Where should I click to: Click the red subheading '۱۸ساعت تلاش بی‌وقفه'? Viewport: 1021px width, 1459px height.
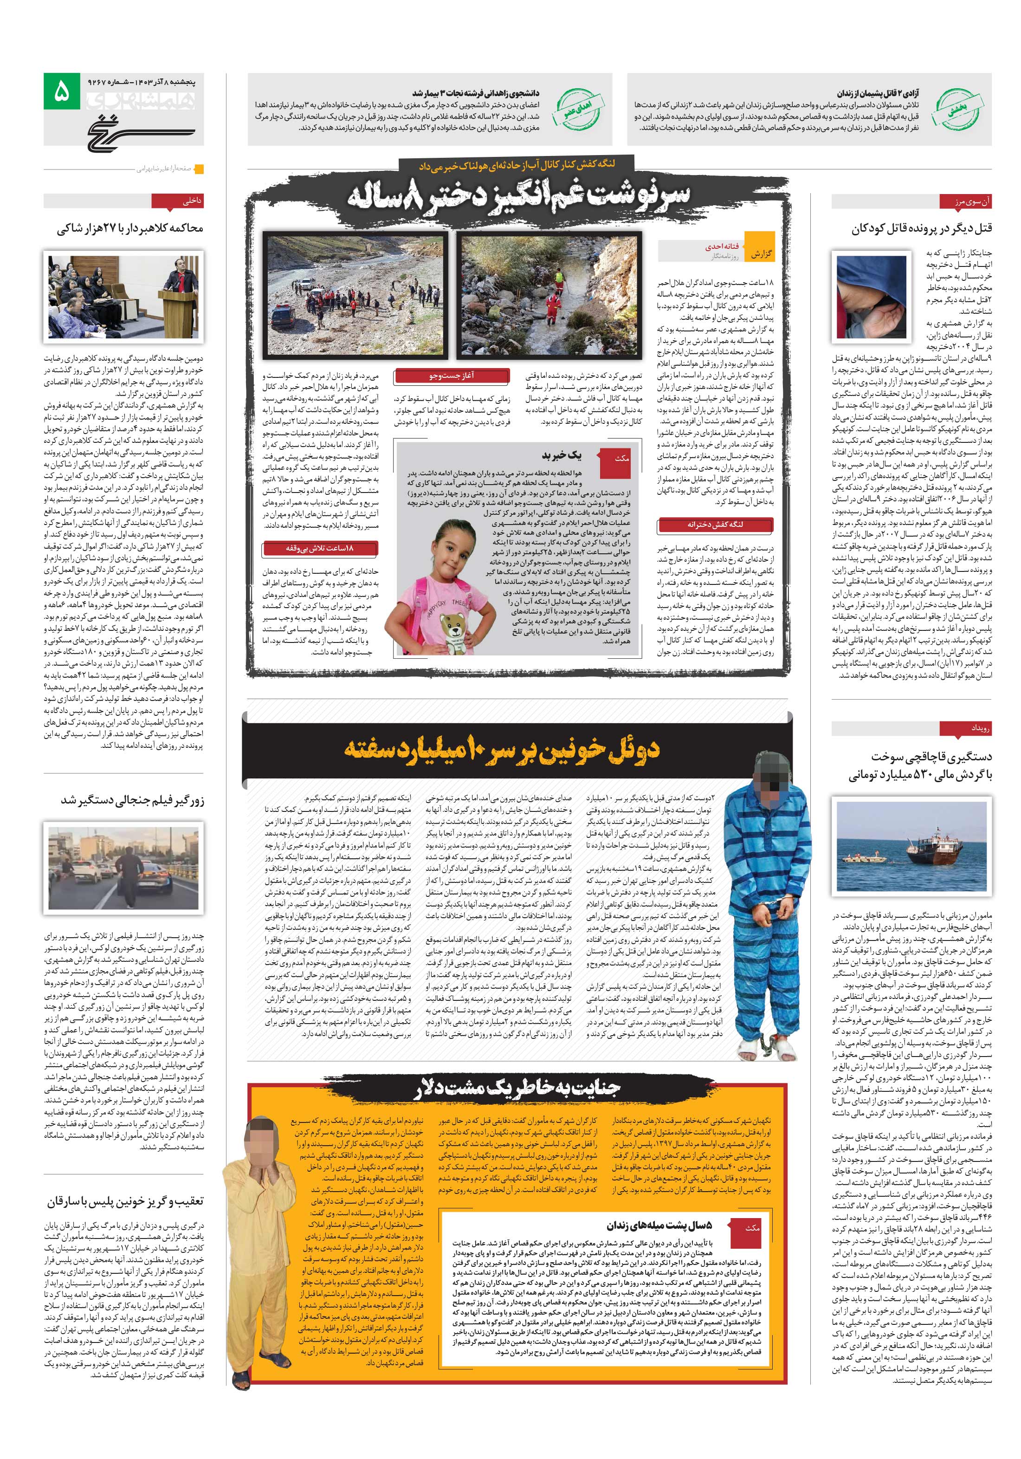(320, 548)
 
